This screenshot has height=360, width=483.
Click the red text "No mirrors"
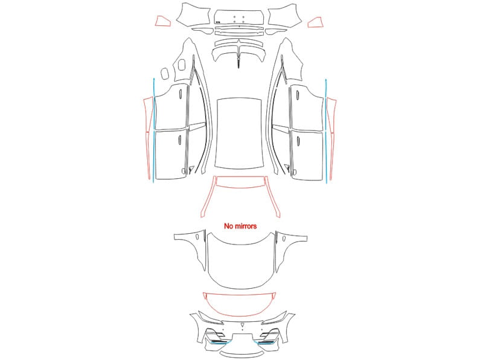[x=240, y=227]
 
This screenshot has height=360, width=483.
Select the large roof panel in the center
[x=239, y=133]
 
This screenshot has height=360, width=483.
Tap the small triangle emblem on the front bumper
[x=243, y=325]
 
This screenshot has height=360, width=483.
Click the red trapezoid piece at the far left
[x=162, y=21]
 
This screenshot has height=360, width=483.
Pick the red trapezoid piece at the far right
[x=315, y=23]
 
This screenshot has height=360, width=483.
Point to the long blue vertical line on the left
[x=153, y=130]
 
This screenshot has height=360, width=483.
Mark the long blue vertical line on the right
[x=326, y=131]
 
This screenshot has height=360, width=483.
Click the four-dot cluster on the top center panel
[x=238, y=19]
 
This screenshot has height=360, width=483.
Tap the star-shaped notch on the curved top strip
[x=238, y=42]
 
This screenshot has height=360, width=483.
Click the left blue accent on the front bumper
[x=221, y=342]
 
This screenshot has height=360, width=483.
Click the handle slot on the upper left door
[x=180, y=94]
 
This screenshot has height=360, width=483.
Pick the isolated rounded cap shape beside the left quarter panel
[x=165, y=73]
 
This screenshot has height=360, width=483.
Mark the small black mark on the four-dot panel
[x=218, y=22]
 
